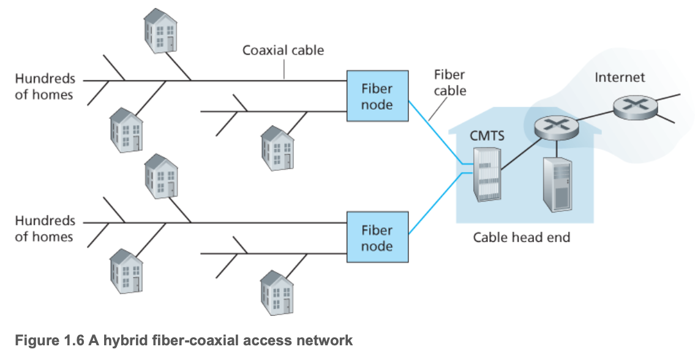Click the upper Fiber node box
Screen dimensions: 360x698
click(377, 97)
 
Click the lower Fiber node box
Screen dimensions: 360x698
click(377, 238)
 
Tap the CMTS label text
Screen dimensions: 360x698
click(487, 135)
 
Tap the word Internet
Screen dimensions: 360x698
click(620, 78)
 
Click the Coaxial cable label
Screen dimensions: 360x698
click(283, 50)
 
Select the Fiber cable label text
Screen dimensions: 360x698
click(450, 83)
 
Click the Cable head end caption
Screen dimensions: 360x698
click(521, 237)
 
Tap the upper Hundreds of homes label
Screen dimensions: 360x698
click(45, 86)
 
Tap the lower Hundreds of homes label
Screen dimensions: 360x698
click(45, 228)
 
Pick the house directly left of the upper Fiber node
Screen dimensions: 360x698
click(277, 147)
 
